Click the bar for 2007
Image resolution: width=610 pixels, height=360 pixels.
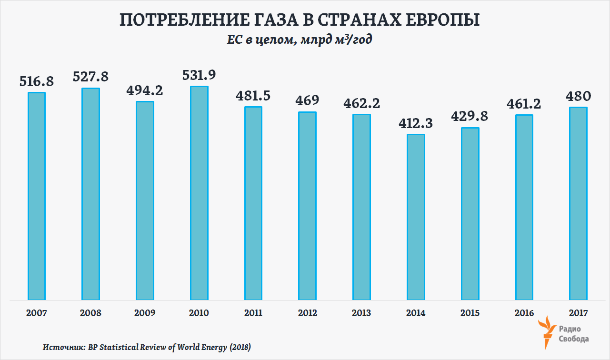(x=37, y=196)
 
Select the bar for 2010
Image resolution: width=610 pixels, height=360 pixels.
(x=199, y=193)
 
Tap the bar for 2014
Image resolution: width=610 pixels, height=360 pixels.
(x=416, y=217)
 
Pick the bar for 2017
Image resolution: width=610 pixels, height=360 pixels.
(x=579, y=203)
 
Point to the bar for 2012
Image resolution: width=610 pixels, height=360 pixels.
(x=308, y=206)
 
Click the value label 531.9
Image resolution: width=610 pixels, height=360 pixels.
(x=199, y=76)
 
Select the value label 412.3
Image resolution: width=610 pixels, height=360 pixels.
(x=416, y=124)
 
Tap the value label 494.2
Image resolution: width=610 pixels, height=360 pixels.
(x=145, y=90)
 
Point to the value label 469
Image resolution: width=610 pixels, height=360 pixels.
(x=307, y=101)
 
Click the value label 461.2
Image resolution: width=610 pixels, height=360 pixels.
(x=524, y=104)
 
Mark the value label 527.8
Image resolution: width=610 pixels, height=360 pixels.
(x=90, y=76)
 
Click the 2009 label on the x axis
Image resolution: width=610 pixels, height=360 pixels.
(x=145, y=313)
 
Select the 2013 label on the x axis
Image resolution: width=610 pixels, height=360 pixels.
(x=361, y=313)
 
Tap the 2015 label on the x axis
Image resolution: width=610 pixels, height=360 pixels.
(x=470, y=313)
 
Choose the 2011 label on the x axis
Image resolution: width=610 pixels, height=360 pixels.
(x=253, y=313)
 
